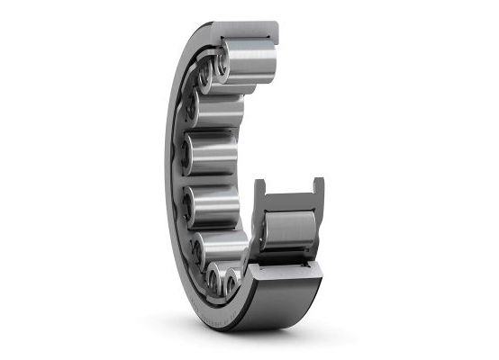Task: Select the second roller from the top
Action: (x=222, y=109)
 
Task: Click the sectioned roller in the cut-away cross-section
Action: (x=288, y=229)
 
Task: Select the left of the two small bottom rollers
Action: (x=214, y=280)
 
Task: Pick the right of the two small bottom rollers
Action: (x=233, y=283)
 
